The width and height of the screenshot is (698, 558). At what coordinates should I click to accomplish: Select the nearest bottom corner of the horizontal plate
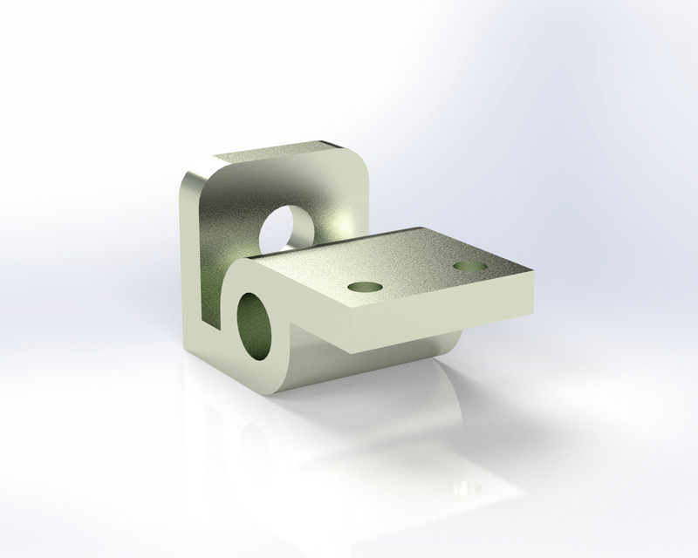pos(351,348)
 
